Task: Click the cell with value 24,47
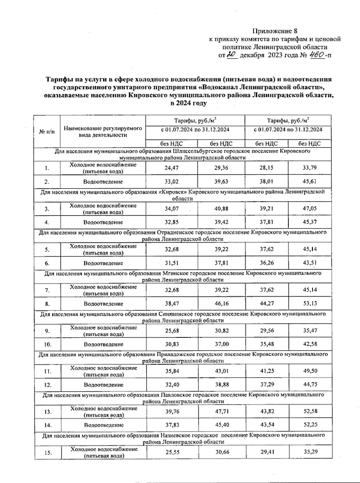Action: coord(171,168)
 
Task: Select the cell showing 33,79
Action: coord(310,168)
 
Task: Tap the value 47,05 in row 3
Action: coord(310,208)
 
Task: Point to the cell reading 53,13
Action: coord(310,303)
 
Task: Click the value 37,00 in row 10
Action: coord(222,344)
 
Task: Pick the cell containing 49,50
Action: coord(310,371)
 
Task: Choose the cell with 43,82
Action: coord(267,411)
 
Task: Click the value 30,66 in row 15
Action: coord(222,452)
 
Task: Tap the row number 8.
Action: coord(47,304)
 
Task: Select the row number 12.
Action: coord(48,385)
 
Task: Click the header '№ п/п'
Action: coord(47,132)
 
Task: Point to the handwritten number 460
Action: coord(317,55)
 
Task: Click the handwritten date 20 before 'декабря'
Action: coord(232,55)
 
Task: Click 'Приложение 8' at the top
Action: coord(275,31)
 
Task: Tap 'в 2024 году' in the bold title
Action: coord(188,103)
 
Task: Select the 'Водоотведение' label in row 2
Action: coord(103,182)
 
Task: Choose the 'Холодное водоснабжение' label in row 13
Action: coord(104,409)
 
